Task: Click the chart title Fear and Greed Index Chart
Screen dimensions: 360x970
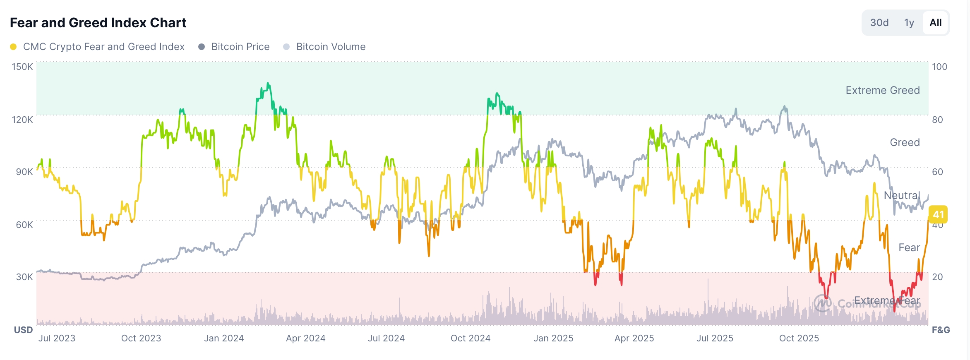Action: [x=98, y=23]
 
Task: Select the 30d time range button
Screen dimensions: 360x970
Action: [x=879, y=23]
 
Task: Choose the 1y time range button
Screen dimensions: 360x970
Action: [x=909, y=23]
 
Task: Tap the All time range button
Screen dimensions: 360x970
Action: [x=935, y=23]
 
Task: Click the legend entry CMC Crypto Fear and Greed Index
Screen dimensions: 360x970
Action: [x=103, y=47]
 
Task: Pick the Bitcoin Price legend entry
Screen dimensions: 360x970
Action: [x=240, y=47]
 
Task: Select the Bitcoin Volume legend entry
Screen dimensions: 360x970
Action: [x=330, y=47]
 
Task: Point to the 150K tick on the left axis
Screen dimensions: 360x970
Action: [x=22, y=67]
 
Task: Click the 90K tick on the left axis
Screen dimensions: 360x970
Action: [x=24, y=172]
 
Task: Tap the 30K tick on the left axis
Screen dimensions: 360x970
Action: [x=24, y=277]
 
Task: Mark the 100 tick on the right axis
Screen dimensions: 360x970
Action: [x=939, y=67]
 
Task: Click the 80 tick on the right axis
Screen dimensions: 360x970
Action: [x=937, y=120]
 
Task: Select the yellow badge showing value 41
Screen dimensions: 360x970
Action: [x=938, y=214]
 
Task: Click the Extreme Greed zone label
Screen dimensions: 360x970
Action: [x=882, y=90]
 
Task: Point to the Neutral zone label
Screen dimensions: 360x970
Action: [x=902, y=195]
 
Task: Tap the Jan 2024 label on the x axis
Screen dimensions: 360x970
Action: [x=224, y=338]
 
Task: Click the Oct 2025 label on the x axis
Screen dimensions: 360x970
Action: [x=799, y=338]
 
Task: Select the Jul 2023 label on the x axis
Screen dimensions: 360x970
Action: [x=57, y=338]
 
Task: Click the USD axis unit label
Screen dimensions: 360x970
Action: [x=23, y=330]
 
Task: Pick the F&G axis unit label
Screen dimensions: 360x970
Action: [x=941, y=330]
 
